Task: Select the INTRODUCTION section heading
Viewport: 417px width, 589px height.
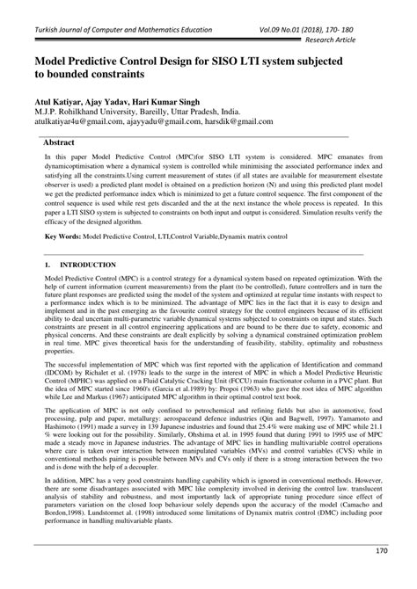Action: tap(83, 264)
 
